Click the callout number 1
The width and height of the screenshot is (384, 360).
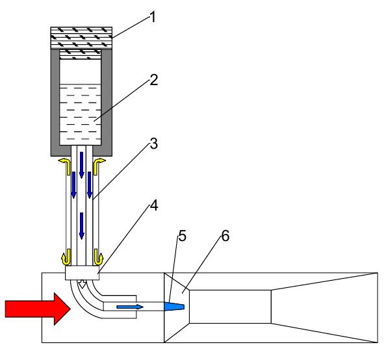(x=153, y=18)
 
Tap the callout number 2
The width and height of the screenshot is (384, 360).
(x=153, y=80)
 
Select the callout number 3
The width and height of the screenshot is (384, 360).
(x=153, y=144)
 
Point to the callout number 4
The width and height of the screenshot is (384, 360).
(x=154, y=205)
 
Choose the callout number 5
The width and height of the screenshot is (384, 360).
(x=182, y=236)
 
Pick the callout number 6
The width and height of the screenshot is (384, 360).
(x=225, y=236)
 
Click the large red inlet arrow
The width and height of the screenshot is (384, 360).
(x=38, y=309)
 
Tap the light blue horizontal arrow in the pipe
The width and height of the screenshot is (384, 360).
(x=130, y=307)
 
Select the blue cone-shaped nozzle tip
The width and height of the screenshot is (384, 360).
(x=174, y=306)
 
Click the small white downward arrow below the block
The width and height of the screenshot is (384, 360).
(x=83, y=284)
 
